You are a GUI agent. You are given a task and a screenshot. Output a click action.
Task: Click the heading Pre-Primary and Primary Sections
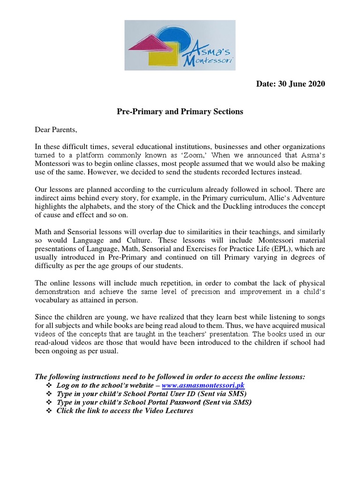tap(180, 112)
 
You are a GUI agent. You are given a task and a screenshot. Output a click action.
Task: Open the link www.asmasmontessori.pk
tap(203, 385)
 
